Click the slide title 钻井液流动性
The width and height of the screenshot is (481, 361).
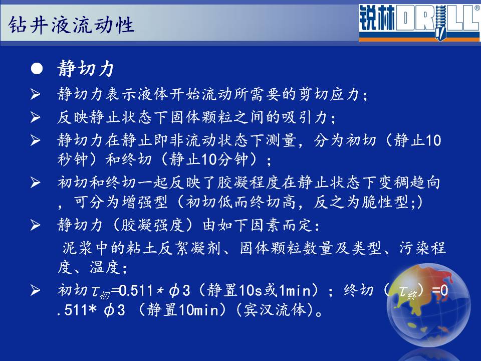click(71, 25)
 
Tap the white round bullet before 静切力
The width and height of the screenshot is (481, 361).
click(37, 69)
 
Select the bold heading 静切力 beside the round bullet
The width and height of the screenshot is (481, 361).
click(86, 68)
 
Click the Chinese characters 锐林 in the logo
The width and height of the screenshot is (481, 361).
click(377, 19)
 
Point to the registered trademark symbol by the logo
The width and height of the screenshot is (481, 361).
click(477, 8)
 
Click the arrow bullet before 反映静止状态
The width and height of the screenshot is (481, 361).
click(35, 117)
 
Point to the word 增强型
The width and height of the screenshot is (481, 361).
click(145, 202)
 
